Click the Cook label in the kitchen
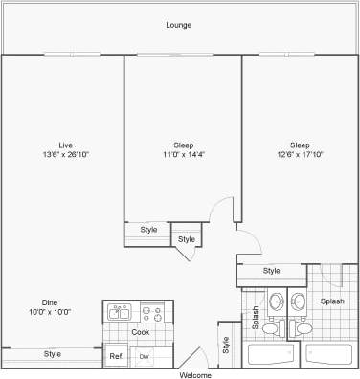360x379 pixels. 140,332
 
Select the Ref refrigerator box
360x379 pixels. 116,356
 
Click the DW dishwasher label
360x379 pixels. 145,356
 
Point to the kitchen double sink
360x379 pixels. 120,312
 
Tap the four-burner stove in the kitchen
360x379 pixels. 151,312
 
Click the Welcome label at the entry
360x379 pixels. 195,374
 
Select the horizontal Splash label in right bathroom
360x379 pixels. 332,301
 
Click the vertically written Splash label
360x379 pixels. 256,318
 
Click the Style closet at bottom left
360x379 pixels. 52,354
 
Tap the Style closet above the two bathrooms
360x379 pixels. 271,272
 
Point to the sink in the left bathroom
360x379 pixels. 275,302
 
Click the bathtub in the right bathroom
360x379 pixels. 329,355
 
